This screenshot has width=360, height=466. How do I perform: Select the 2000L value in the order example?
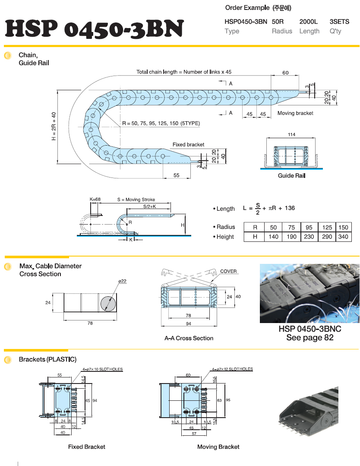[x=309, y=21]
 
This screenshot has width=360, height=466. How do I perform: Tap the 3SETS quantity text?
[x=339, y=21]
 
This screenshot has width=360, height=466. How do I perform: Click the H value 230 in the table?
[x=309, y=237]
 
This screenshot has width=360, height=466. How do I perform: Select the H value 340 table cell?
[x=343, y=237]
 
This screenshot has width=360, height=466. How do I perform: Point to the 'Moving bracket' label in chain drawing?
[x=295, y=113]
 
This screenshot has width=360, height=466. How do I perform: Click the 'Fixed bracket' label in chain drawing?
[x=188, y=144]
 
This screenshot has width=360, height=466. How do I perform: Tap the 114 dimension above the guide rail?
[x=292, y=135]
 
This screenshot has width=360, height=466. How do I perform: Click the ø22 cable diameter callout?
[x=122, y=281]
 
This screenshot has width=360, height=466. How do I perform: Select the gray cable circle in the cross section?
[x=108, y=303]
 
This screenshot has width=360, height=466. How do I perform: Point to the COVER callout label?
[x=228, y=271]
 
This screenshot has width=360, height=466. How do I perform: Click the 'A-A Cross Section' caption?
[x=189, y=338]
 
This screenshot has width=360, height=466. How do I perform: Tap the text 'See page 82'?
[x=309, y=337]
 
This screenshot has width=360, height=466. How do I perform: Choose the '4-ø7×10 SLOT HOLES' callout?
[x=102, y=370]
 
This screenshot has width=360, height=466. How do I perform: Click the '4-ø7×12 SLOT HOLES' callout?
[x=232, y=369]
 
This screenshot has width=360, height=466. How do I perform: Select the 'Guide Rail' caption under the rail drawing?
[x=291, y=176]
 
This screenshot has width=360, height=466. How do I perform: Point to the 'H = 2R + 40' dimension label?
[x=54, y=127]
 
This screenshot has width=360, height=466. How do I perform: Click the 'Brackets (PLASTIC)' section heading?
[x=47, y=359]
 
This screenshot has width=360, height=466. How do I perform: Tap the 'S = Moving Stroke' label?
[x=136, y=200]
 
